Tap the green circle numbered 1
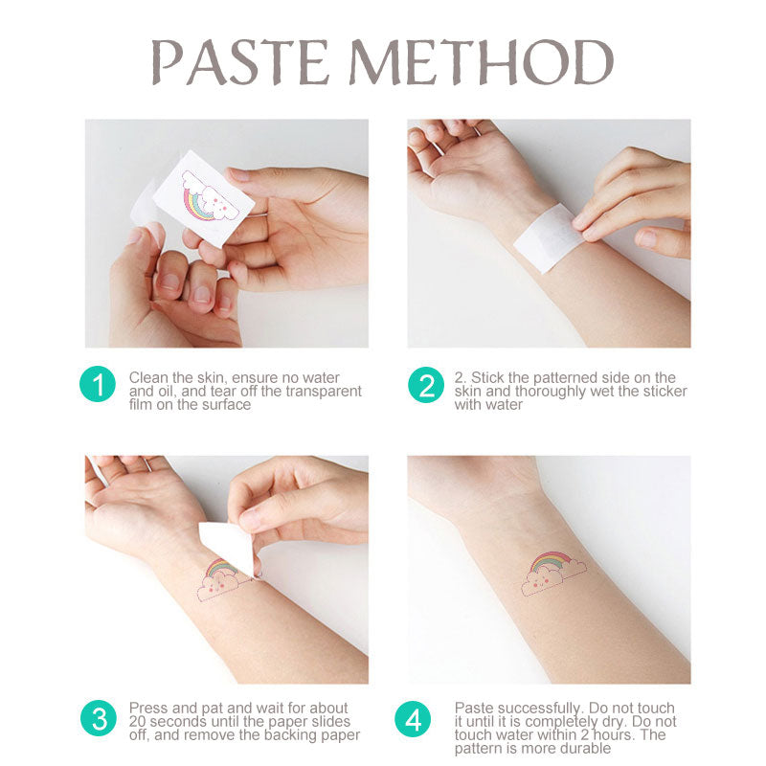tap(97, 385)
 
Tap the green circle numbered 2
tap(425, 385)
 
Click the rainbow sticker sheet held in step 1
tap(204, 197)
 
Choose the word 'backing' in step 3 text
tap(290, 735)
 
